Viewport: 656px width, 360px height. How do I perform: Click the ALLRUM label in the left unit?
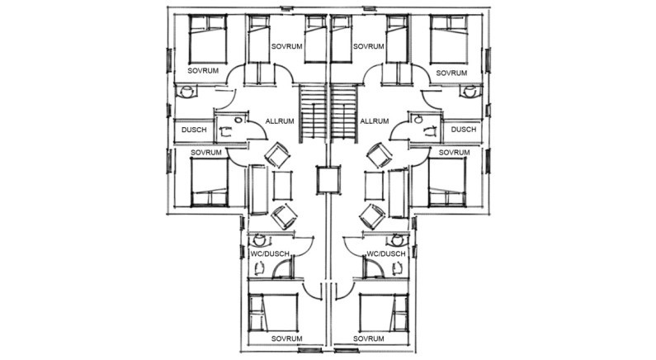[280, 121]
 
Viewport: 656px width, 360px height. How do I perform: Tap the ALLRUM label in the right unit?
[375, 121]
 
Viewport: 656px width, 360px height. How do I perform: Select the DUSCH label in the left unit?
[194, 130]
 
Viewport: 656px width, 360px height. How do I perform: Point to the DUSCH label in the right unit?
[464, 130]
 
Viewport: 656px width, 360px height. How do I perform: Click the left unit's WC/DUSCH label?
[270, 253]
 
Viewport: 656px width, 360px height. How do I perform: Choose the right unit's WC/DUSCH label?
[386, 253]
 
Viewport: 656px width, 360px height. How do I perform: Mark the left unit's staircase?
[312, 113]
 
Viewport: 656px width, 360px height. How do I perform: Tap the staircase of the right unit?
[344, 113]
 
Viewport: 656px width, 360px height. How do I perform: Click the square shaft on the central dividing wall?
[328, 180]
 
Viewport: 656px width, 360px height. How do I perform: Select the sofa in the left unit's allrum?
[258, 190]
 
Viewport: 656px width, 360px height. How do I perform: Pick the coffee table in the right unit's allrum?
[374, 186]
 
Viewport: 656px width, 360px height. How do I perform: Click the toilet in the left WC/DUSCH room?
[259, 240]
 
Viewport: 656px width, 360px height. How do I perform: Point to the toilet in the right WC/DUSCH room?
[397, 240]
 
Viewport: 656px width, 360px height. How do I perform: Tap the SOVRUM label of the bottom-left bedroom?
[286, 339]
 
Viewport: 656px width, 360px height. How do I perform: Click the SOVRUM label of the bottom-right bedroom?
[369, 339]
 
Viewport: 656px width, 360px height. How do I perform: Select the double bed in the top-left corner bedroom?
[208, 40]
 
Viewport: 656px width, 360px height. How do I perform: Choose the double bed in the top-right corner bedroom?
[449, 40]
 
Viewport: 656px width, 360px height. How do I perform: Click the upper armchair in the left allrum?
[277, 155]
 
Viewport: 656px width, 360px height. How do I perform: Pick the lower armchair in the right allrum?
[372, 216]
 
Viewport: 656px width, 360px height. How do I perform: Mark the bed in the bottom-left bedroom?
[274, 312]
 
